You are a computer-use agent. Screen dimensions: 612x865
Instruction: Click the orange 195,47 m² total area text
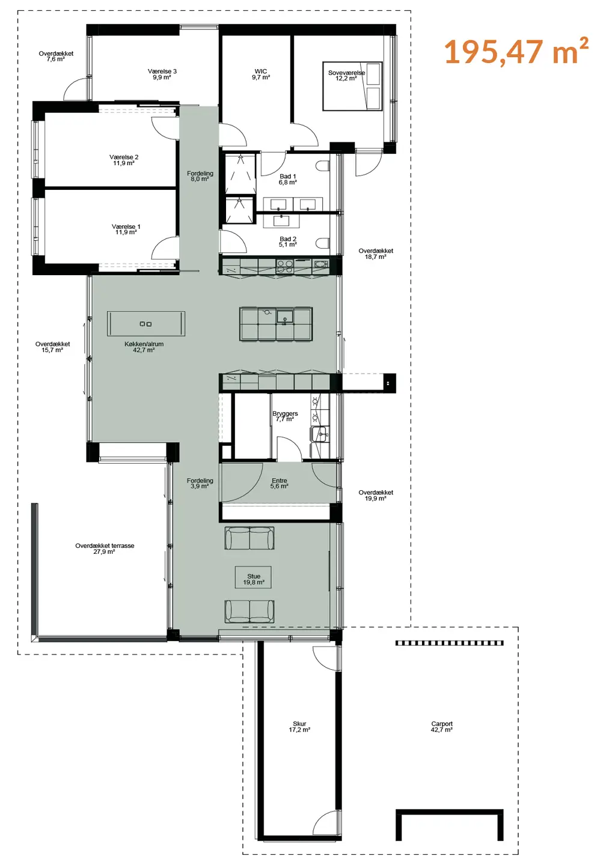tap(516, 52)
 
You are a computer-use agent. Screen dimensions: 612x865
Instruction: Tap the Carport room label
tap(442, 727)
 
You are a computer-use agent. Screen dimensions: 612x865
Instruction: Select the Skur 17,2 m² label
tap(299, 727)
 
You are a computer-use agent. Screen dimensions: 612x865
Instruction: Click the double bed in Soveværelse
tap(352, 86)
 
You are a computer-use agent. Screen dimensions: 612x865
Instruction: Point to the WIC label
tap(261, 74)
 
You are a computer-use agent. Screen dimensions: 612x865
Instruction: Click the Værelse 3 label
tap(162, 74)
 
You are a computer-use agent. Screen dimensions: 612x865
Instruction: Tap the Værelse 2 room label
tap(124, 160)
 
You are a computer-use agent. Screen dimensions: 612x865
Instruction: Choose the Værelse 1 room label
tap(126, 229)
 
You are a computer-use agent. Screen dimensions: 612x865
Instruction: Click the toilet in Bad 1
tap(323, 166)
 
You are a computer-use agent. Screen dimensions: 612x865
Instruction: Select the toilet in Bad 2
tap(323, 243)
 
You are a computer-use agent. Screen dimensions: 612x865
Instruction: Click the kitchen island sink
tap(284, 317)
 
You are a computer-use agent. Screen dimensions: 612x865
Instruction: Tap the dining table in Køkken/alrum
tap(146, 324)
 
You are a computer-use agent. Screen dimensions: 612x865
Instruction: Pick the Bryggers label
tap(285, 416)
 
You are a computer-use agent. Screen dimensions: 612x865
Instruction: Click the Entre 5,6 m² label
tap(280, 484)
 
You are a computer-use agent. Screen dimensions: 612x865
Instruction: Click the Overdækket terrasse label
tap(105, 549)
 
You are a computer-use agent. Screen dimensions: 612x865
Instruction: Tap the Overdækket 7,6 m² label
tap(56, 56)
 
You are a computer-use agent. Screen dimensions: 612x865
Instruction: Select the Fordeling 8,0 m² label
tap(200, 177)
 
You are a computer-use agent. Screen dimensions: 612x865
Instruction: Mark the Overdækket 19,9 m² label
tap(376, 496)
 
